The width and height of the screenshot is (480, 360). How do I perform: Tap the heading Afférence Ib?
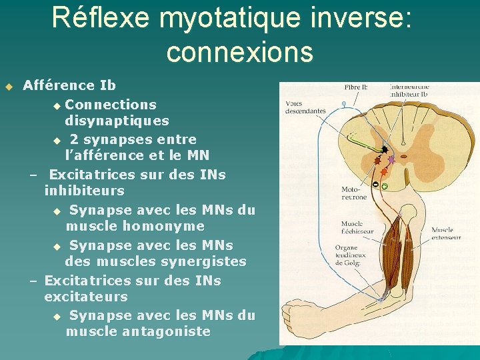pos(69,85)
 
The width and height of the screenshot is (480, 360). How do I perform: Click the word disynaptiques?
pos(117,121)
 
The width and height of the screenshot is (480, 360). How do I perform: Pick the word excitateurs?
pos(85,297)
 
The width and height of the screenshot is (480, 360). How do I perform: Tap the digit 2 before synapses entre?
pos(74,139)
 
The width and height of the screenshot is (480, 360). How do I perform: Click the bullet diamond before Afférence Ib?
pos(9,86)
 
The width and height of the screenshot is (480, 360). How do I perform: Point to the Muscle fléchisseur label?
pos(357,227)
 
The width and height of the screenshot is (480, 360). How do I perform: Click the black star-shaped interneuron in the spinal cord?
pos(385,151)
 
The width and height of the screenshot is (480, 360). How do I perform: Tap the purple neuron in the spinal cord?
pos(391,160)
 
